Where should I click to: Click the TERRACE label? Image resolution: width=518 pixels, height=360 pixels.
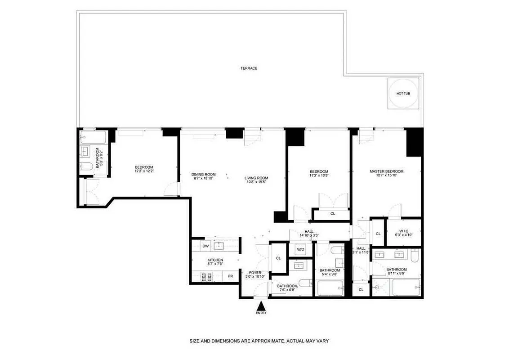(x=249, y=68)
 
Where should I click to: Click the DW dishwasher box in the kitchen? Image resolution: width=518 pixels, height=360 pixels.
(x=205, y=246)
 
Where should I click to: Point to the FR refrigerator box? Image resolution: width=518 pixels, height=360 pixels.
(x=230, y=276)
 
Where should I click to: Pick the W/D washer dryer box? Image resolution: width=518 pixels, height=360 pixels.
(x=300, y=249)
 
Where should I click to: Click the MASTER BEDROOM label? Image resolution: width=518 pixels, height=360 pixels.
(x=386, y=171)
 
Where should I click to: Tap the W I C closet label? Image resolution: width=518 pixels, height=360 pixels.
(x=403, y=231)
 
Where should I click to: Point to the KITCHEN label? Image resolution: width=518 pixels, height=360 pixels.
(x=215, y=260)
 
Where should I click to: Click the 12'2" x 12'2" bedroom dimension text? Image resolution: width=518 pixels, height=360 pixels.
(x=144, y=171)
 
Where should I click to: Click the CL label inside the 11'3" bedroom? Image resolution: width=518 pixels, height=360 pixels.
(x=333, y=214)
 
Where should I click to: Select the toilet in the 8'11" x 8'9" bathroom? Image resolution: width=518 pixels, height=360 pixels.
(x=415, y=256)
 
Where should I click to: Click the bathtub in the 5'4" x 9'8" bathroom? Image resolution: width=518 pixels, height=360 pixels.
(x=330, y=288)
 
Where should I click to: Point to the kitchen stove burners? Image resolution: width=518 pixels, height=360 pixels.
(x=199, y=276)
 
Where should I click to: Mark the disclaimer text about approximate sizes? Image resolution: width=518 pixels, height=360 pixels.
(x=259, y=341)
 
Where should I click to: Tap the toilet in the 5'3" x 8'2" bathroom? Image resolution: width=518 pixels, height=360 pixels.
(x=87, y=167)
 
